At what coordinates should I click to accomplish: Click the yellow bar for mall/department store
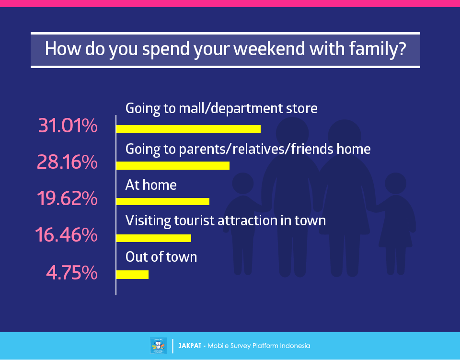pos(188,129)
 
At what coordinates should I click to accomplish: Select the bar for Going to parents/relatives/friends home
pos(173,165)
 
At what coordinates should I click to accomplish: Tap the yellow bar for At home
pos(163,201)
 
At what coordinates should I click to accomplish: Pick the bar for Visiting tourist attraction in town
pos(154,238)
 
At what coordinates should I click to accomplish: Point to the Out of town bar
pos(132,275)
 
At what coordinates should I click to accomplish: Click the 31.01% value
pos(68,126)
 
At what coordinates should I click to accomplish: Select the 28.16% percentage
pos(67,162)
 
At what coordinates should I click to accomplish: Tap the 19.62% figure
pos(67,198)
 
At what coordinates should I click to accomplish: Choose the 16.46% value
pos(66,235)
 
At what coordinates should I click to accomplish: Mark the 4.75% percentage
pos(72,273)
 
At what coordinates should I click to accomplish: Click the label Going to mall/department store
pos(221,109)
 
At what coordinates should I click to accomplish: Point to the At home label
pos(151,185)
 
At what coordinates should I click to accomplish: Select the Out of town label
pos(161,257)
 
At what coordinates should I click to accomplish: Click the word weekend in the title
pos(269,48)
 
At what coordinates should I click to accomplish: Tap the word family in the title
pos(378,49)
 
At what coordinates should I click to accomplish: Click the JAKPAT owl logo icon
pos(159,346)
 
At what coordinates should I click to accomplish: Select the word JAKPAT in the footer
pos(190,346)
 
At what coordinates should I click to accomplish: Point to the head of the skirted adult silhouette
pos(345,136)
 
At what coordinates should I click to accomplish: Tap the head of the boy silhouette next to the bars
pos(243,184)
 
